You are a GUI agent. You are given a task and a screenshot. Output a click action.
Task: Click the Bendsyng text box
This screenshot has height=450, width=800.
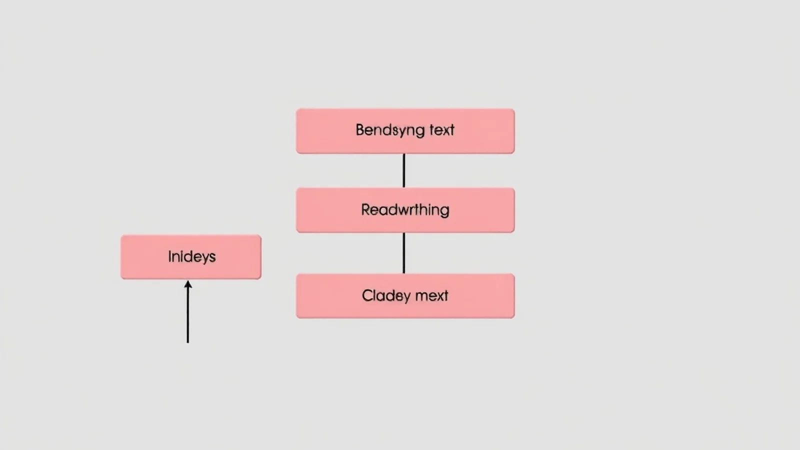405,131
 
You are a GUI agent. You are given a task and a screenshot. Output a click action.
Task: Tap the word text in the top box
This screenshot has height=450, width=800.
442,130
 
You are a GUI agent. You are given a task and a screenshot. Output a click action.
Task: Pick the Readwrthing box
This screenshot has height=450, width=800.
405,210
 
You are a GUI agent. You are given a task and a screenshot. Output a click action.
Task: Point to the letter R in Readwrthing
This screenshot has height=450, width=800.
365,209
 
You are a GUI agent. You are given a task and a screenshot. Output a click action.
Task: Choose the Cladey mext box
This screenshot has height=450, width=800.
405,296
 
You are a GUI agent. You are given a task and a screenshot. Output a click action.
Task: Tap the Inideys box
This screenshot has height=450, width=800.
190,257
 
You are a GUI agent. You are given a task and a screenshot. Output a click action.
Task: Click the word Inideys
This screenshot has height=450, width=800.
192,257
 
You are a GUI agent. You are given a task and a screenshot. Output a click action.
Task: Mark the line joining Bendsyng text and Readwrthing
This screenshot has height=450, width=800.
404,170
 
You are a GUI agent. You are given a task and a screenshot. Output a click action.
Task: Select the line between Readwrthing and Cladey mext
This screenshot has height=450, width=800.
404,253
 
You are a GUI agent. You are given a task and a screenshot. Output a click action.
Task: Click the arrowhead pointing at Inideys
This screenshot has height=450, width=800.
188,284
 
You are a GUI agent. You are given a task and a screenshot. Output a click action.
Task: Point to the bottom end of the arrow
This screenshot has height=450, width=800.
188,343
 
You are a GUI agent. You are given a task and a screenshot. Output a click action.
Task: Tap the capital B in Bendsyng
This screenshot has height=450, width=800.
360,130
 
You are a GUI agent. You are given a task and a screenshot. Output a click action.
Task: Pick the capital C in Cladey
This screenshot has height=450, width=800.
367,295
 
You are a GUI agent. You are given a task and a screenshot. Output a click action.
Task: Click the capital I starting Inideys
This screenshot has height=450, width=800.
169,256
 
